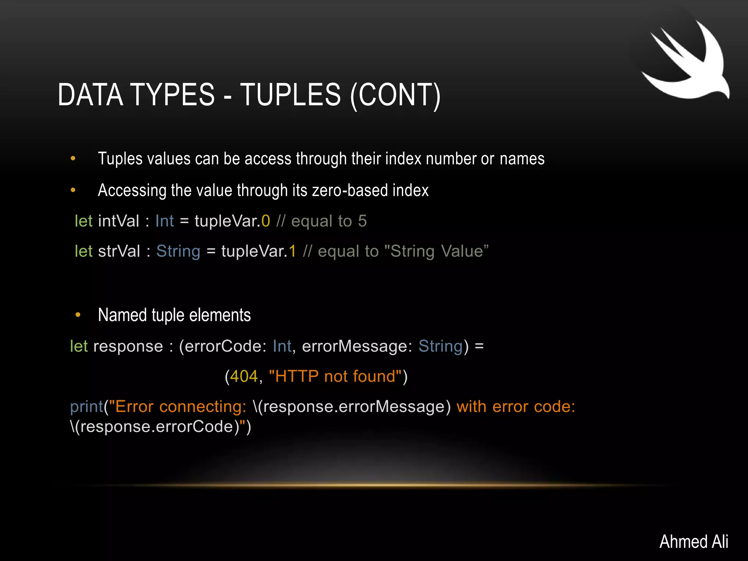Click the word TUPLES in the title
290,95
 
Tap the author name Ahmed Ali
694,541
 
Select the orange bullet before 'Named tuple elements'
78,315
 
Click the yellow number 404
244,376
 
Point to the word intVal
119,221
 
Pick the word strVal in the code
119,251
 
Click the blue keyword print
87,407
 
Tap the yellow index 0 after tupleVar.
266,221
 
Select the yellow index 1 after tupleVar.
292,251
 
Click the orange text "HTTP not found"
335,376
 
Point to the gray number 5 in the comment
362,221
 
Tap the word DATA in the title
90,95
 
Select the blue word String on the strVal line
178,251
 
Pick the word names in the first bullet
522,159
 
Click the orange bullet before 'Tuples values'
73,159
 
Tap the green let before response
79,346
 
